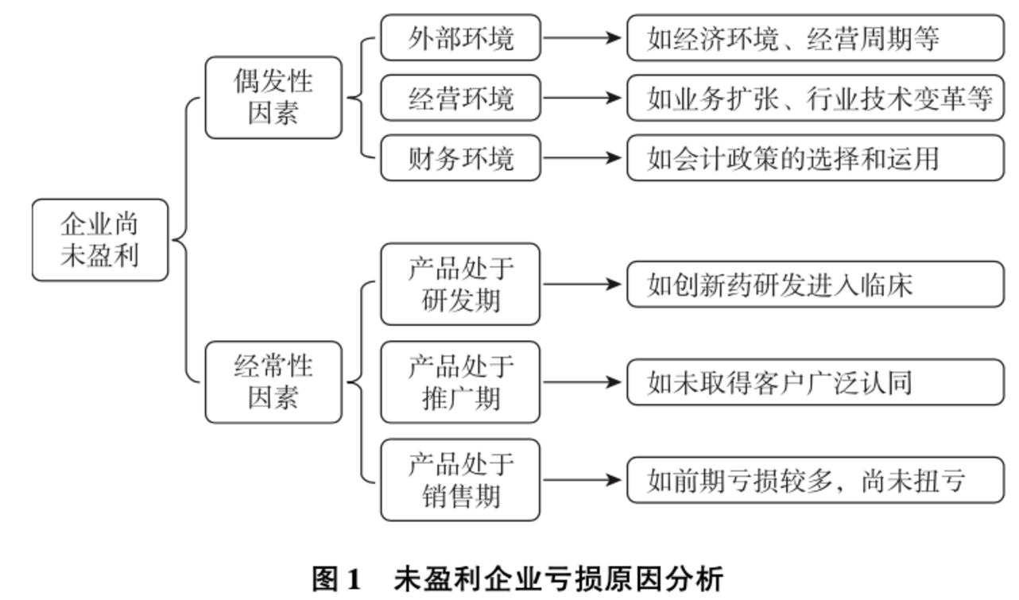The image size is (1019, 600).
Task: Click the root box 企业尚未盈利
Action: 100,240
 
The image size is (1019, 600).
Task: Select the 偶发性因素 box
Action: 273,97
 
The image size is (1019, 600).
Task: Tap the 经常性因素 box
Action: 273,382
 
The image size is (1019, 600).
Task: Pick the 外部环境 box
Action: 461,37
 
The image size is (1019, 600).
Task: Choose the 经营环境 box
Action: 461,97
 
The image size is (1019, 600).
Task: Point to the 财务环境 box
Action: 461,157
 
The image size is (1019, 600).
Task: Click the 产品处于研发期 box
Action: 460,284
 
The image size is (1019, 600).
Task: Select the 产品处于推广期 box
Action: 460,382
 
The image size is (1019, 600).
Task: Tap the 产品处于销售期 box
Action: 460,480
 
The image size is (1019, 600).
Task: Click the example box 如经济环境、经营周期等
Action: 816,37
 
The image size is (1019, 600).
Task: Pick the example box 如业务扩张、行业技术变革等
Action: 816,97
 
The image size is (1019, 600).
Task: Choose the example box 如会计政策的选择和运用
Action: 816,157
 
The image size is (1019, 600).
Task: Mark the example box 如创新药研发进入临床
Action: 816,285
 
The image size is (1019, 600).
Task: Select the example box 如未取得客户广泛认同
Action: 816,382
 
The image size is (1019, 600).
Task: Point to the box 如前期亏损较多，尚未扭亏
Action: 816,480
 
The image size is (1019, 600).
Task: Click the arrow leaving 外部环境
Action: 583,37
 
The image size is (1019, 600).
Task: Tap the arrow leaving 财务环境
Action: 583,158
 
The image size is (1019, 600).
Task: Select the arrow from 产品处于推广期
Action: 583,382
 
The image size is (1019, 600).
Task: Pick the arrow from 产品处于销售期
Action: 583,480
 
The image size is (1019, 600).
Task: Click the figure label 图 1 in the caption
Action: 336,579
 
